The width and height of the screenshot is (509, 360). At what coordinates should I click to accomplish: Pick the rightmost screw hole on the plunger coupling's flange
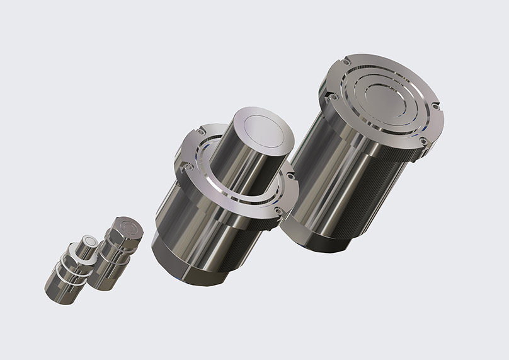pyautogui.click(x=290, y=177)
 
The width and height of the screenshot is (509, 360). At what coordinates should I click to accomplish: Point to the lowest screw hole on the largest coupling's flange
pyautogui.click(x=423, y=141)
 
